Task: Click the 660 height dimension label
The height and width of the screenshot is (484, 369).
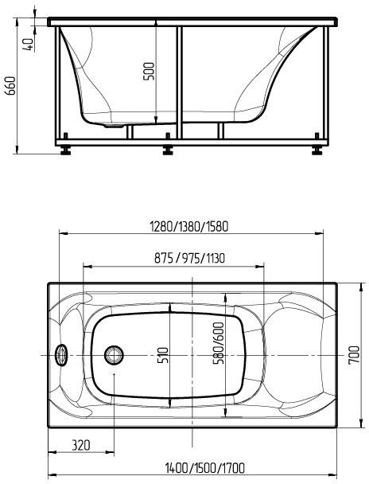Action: [x=10, y=85]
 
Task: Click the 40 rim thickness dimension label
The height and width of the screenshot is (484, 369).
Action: [x=29, y=43]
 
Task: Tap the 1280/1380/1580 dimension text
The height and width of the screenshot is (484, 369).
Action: [x=188, y=225]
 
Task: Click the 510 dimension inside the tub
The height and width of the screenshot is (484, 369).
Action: [x=164, y=353]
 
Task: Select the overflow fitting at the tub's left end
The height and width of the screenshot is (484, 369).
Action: [x=60, y=353]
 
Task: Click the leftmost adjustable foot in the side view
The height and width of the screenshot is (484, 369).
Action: [x=64, y=147]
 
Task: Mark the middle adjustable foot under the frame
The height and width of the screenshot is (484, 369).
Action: [x=168, y=147]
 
